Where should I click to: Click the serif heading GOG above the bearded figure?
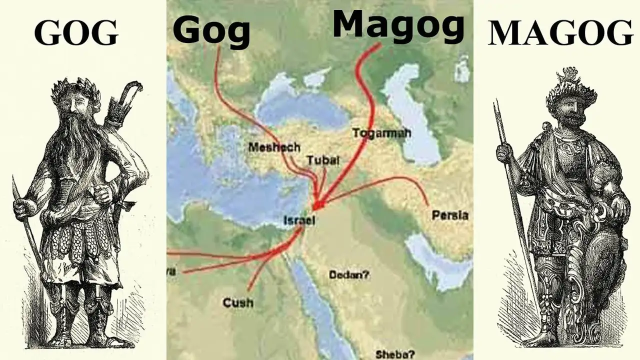coord(76,34)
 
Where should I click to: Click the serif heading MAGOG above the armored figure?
coord(560,34)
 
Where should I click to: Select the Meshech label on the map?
coord(274,147)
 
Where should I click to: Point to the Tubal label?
coord(323,160)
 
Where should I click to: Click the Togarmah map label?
coord(381,133)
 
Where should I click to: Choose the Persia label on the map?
coord(450,215)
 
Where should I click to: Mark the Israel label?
coord(298,220)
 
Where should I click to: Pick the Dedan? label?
coord(349,274)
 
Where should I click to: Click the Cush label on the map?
coord(238,302)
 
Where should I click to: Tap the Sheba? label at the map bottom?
coord(395,354)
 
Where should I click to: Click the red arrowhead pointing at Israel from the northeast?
coord(319,205)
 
